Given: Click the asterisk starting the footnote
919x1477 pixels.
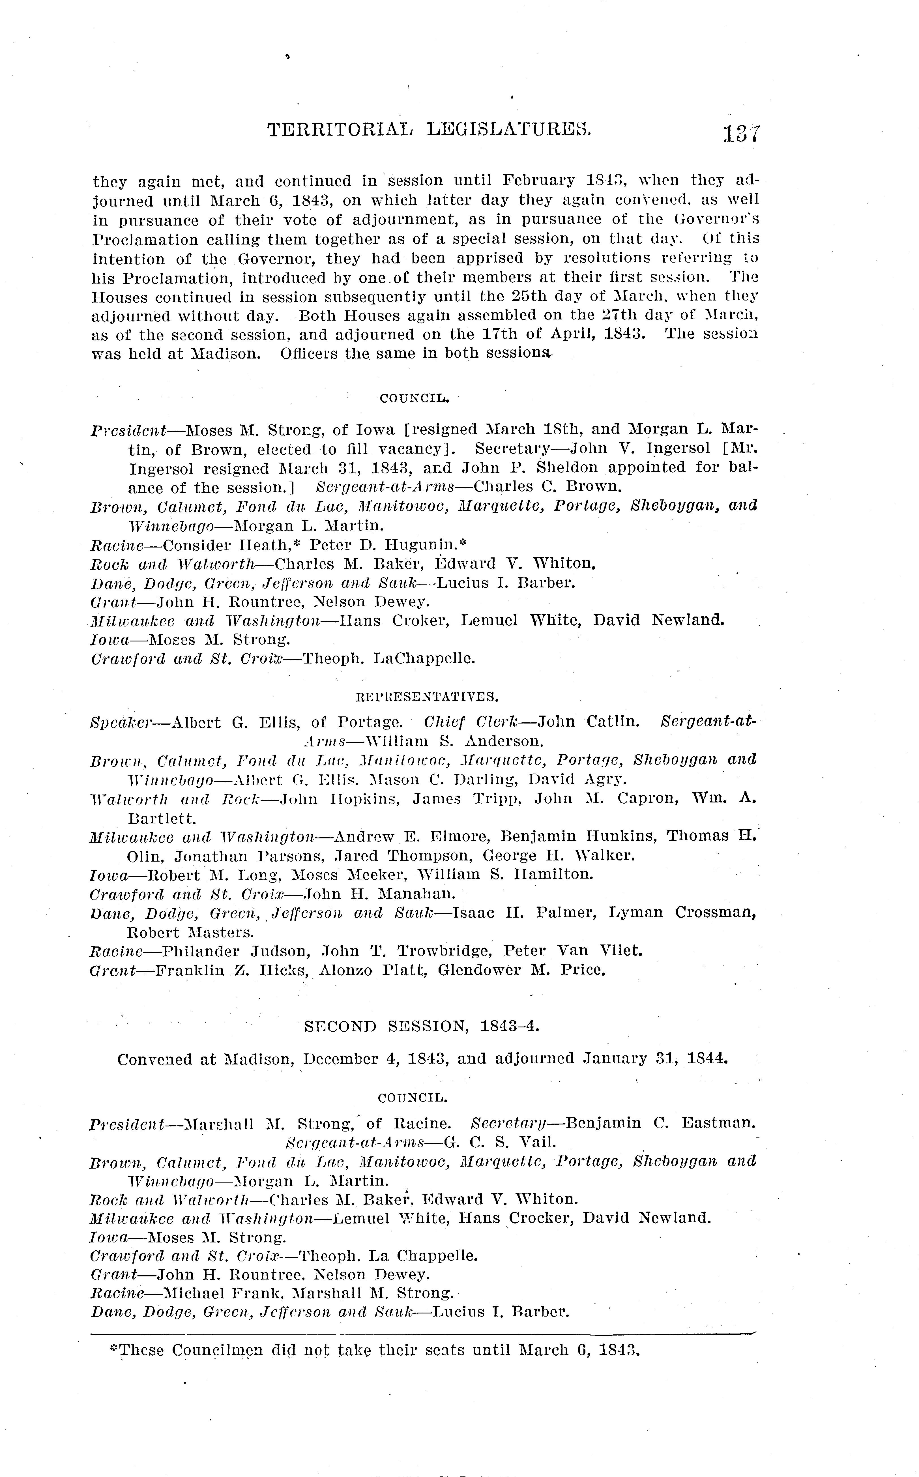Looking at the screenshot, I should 113,1349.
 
